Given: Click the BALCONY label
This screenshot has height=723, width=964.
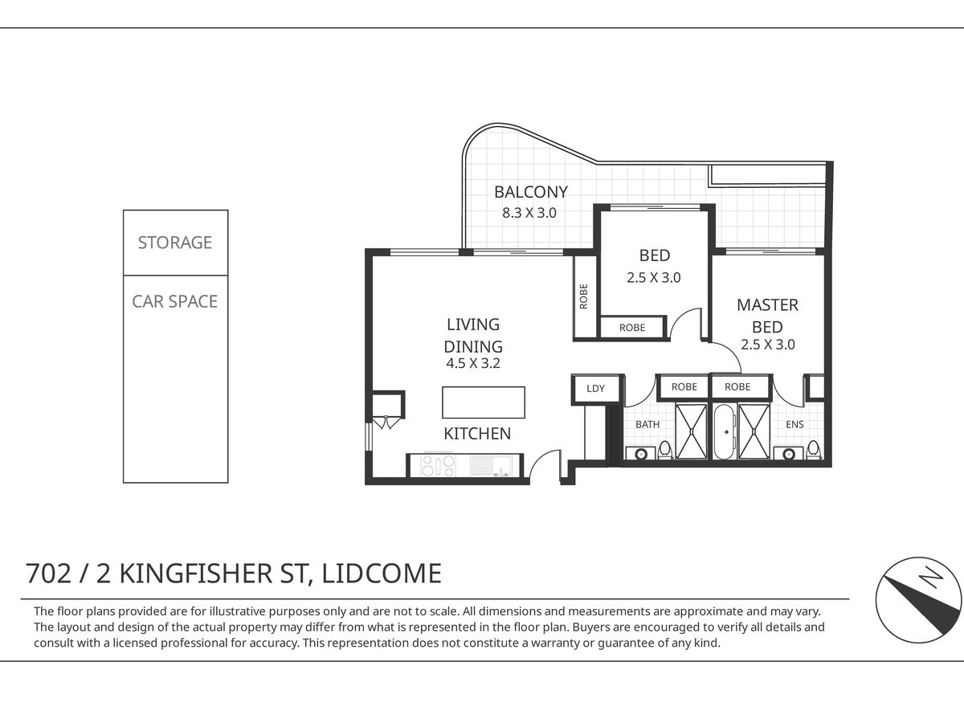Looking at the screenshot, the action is tap(530, 192).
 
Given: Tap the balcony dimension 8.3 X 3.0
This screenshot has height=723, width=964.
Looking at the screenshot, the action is tap(529, 213).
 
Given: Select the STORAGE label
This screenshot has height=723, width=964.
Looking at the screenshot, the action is tap(175, 243).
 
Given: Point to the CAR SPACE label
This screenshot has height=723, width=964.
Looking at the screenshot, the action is tap(175, 301).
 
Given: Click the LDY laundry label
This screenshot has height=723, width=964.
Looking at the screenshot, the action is tap(595, 389).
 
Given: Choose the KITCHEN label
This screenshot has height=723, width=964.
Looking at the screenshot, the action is tap(477, 434).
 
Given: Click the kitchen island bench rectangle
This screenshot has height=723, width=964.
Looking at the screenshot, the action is tap(484, 402).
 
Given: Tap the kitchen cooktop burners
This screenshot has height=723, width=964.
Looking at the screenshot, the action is tap(438, 465).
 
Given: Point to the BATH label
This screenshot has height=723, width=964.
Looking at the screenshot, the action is tap(647, 424).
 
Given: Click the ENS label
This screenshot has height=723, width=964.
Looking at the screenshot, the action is tap(794, 424).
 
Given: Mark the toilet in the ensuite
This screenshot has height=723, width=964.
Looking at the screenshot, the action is tap(814, 450).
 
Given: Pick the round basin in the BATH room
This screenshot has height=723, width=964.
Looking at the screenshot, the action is tap(640, 453).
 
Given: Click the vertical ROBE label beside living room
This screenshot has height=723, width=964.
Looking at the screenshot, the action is tap(584, 296).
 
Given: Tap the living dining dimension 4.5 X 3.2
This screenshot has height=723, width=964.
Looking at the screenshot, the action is tap(473, 363).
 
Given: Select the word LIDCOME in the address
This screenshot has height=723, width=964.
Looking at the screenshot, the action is tap(382, 574).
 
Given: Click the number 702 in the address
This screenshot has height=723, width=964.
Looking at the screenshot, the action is tap(48, 574).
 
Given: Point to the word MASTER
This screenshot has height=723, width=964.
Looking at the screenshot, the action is tap(767, 305).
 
